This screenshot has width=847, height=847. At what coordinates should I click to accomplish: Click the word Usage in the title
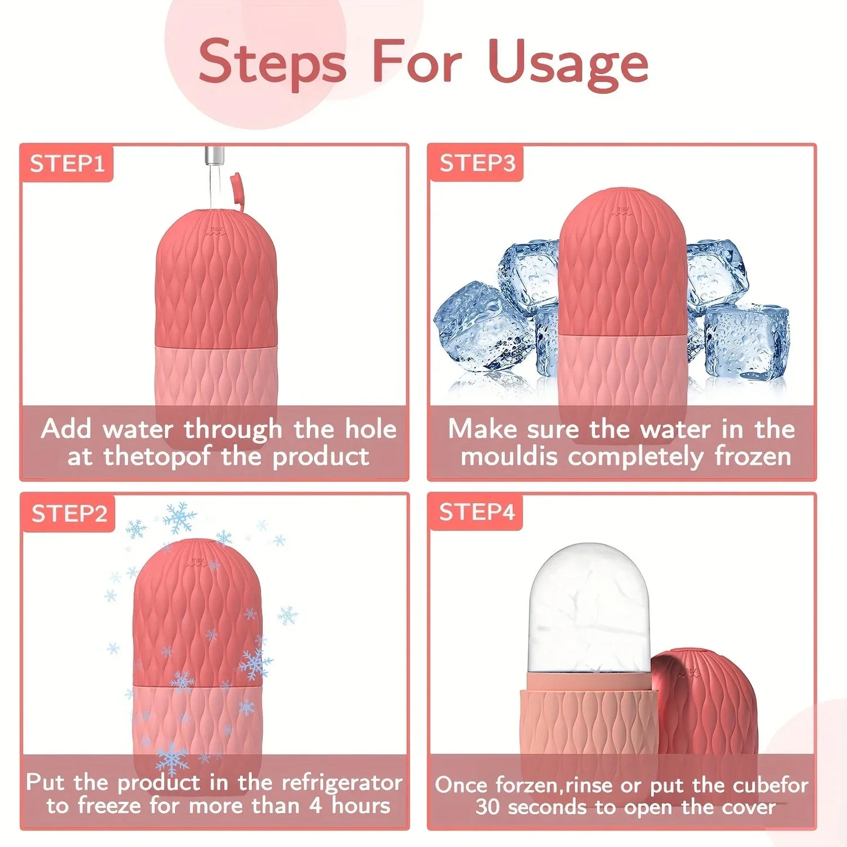click(567, 63)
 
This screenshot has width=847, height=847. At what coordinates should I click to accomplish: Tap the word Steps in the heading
click(272, 63)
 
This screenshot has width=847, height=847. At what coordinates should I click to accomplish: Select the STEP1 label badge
click(67, 164)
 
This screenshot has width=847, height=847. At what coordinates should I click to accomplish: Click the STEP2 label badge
click(69, 513)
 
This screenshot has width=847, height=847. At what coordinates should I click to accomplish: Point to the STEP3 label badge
click(477, 163)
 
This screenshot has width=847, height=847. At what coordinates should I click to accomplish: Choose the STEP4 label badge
click(477, 512)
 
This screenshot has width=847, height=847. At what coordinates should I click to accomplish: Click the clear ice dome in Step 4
click(589, 610)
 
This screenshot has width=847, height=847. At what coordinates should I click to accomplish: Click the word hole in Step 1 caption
click(370, 429)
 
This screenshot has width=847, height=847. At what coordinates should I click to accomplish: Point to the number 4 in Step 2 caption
click(315, 805)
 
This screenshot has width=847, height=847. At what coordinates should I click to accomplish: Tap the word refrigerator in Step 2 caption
click(342, 783)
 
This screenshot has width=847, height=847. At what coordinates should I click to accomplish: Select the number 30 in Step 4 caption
click(487, 807)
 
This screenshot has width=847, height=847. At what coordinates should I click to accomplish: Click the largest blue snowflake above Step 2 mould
click(179, 518)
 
